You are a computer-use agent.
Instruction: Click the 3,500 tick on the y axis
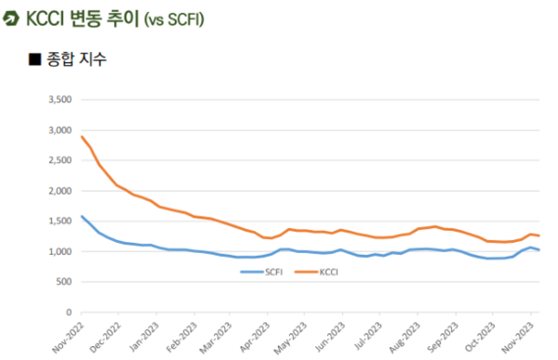pos(58,100)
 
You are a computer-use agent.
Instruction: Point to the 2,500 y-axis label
pos(58,160)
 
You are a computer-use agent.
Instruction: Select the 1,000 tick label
pos(58,251)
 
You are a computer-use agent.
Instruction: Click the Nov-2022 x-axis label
pos(68,335)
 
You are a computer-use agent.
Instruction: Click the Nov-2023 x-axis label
pos(529,335)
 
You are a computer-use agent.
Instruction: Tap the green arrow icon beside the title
pos(11,19)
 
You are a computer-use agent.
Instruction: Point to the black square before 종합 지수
pos(34,60)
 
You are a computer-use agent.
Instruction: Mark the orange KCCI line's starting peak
pos(82,137)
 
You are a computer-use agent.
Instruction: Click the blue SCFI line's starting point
pos(82,217)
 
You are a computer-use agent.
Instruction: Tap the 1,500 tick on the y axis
pos(58,220)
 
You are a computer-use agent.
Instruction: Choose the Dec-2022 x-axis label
pos(107,335)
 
